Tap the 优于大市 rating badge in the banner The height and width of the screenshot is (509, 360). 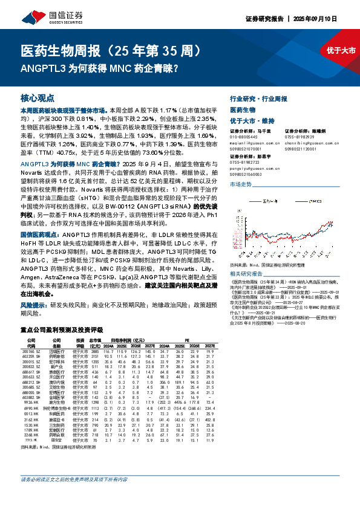coord(341,50)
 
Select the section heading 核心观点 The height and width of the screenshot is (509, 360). coord(38,97)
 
